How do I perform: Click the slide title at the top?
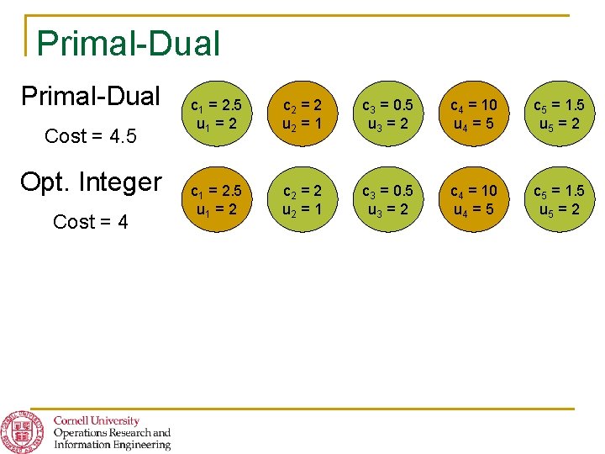129,43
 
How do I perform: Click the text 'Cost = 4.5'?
91,135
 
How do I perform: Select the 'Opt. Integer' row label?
91,181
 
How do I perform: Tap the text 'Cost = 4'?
91,222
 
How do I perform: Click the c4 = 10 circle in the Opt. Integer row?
474,199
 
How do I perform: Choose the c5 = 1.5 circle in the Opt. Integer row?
558,199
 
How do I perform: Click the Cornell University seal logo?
23,431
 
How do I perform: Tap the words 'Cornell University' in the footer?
97,420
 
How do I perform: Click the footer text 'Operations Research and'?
112,433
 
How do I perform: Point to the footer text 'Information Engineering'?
112,445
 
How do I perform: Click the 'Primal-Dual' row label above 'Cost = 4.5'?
91,96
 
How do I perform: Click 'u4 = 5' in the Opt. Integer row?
474,209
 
